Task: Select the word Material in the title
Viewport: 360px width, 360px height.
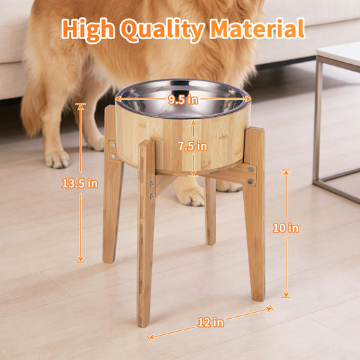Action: [x=257, y=29]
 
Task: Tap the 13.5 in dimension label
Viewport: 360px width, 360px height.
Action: [x=80, y=182]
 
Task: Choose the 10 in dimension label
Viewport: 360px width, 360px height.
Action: [x=284, y=228]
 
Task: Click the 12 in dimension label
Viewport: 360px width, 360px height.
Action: [x=210, y=322]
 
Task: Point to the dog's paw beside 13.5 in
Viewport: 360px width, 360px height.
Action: [x=57, y=159]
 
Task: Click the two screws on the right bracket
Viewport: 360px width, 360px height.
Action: [x=251, y=176]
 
